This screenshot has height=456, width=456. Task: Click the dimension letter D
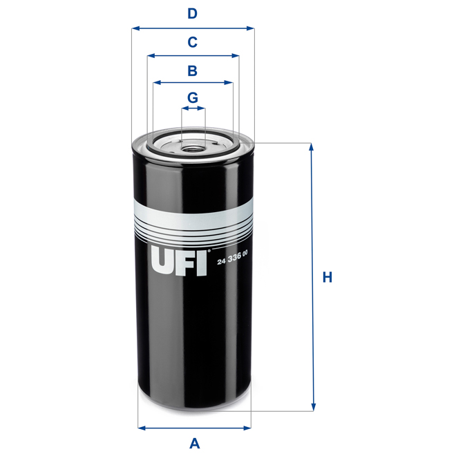tap(193, 13)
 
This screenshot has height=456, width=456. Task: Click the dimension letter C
tap(193, 42)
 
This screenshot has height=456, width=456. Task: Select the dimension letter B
tap(193, 70)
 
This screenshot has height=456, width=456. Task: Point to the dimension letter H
tap(327, 278)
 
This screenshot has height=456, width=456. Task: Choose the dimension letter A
tap(194, 443)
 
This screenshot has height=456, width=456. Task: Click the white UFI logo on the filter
tap(179, 263)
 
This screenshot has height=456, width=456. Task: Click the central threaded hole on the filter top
tap(193, 146)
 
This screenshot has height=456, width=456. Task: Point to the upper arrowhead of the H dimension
tap(312, 147)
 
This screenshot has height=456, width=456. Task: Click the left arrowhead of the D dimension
tap(135, 28)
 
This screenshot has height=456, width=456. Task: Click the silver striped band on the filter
tap(193, 221)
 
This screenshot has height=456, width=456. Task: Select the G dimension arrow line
tap(193, 108)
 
